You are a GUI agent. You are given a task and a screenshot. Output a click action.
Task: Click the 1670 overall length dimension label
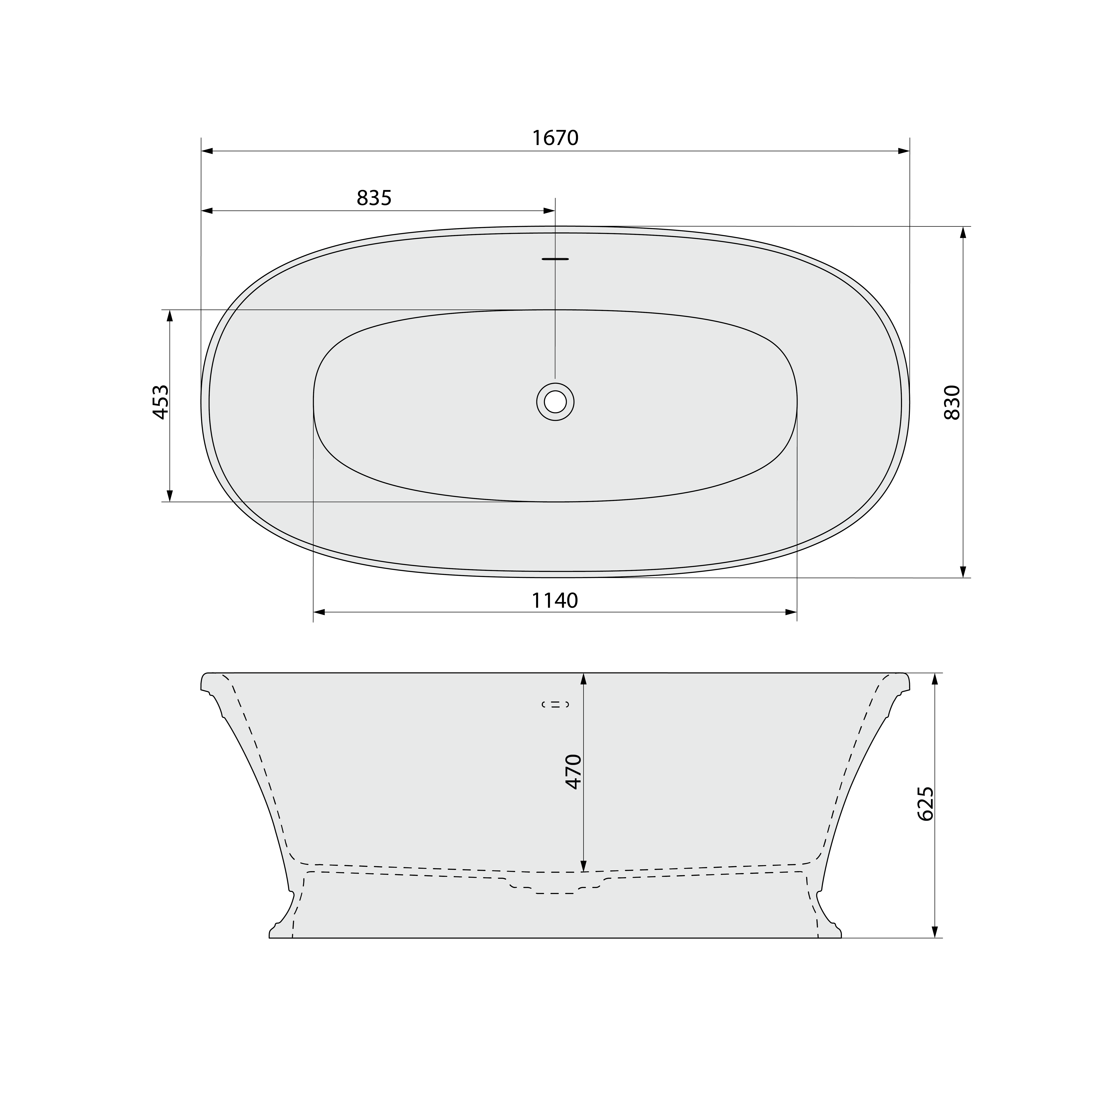point(555,138)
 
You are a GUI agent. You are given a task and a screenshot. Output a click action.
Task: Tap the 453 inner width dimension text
point(161,402)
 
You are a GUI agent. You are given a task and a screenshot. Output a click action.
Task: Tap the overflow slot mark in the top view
point(555,259)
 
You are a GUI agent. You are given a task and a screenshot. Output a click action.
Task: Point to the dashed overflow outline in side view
point(555,704)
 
